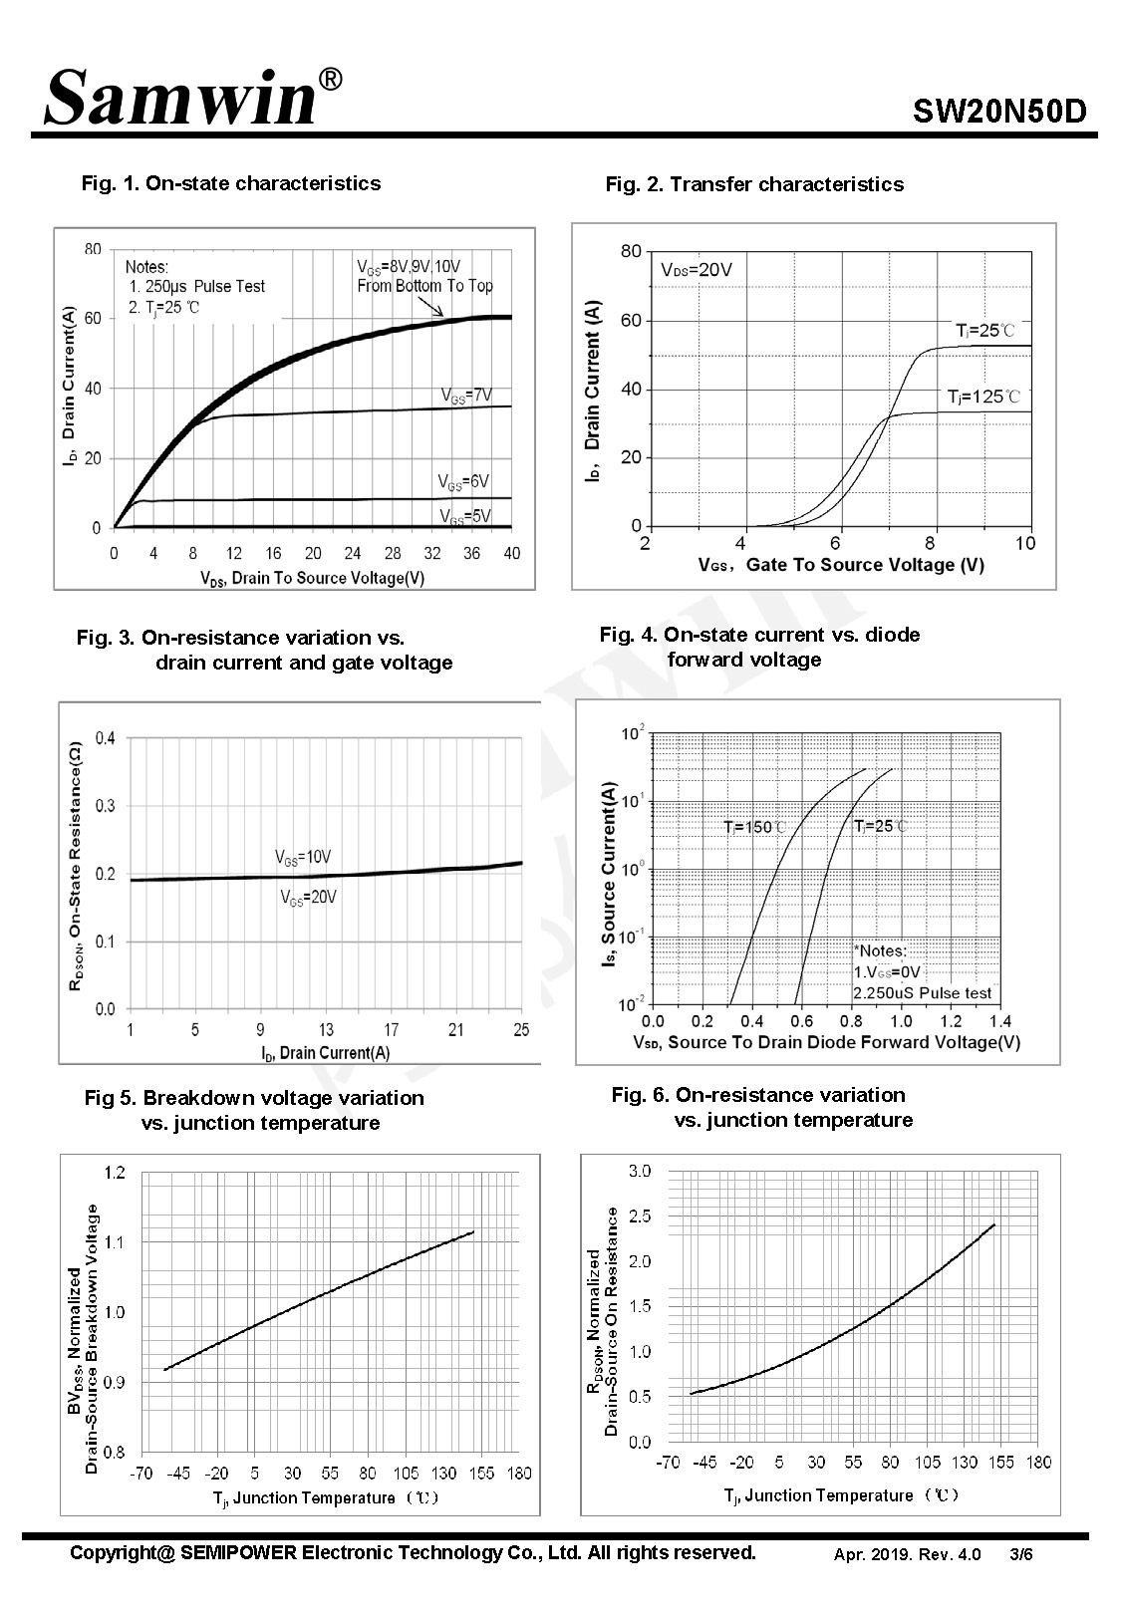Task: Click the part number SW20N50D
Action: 998,112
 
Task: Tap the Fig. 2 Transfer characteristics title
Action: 754,184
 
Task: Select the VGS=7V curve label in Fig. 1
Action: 466,396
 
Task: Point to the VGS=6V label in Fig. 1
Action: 463,482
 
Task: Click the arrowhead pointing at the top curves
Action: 438,312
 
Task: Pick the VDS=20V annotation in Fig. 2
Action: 697,270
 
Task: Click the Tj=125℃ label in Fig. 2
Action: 982,397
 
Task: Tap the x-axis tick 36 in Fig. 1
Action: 471,553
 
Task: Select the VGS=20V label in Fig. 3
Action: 309,898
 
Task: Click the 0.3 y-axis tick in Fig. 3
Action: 106,806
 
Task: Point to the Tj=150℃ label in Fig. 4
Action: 754,827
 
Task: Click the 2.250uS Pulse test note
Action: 923,993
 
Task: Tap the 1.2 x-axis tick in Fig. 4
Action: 952,1021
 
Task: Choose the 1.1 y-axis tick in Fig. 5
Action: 115,1242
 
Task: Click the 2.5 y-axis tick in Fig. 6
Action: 641,1216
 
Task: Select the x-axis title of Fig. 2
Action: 841,565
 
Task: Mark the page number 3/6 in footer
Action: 1021,1554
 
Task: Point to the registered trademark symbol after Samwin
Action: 330,79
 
